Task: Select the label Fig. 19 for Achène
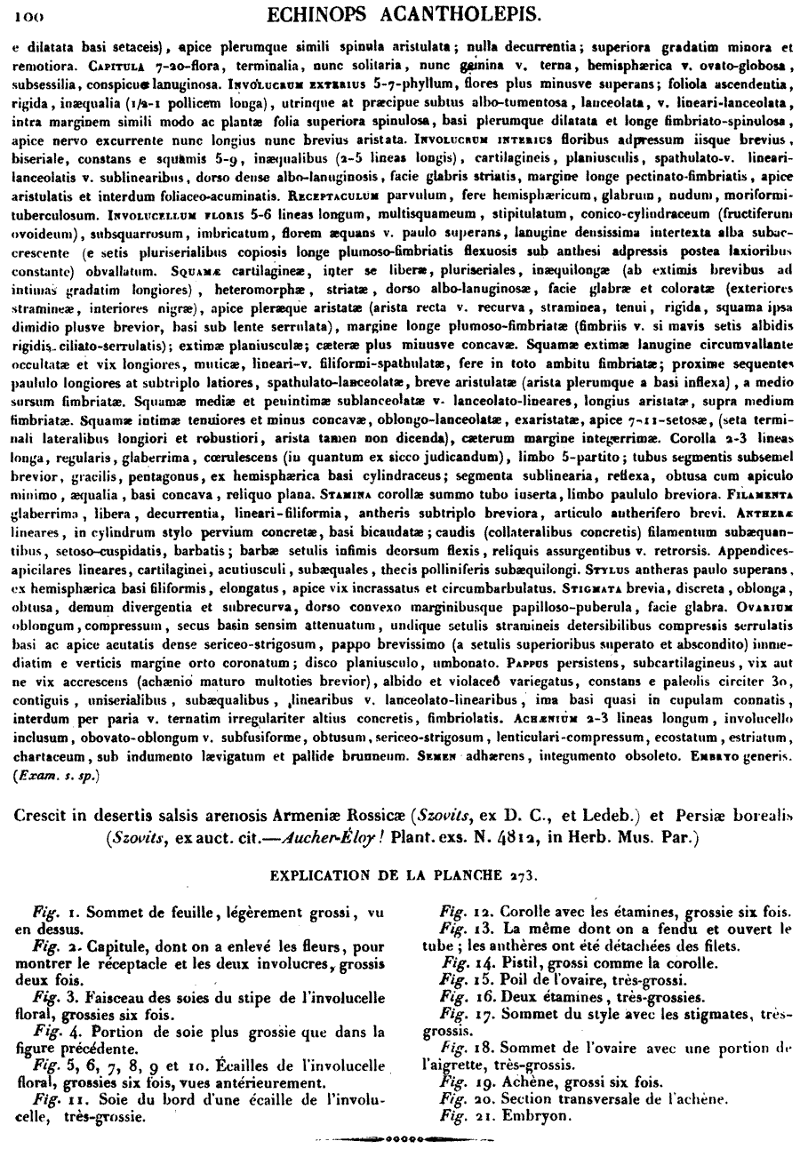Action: (x=465, y=1082)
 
